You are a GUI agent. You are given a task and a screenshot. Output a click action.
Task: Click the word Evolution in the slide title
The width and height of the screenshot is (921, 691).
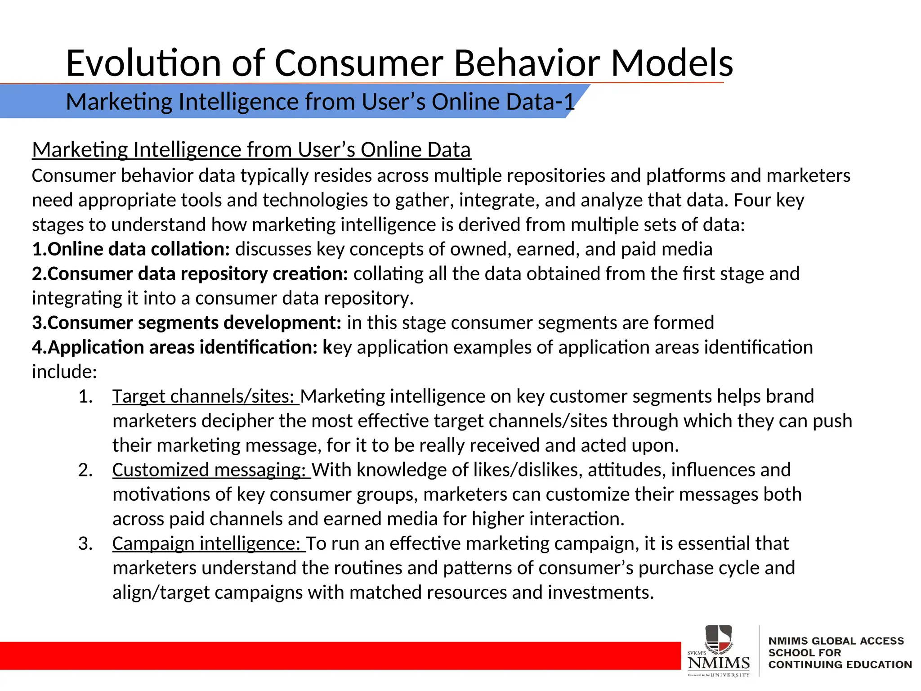tap(143, 63)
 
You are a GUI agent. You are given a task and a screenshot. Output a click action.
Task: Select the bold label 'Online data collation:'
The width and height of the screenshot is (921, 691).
tap(131, 249)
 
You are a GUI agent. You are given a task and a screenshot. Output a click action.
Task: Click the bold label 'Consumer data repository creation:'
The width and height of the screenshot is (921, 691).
tap(190, 274)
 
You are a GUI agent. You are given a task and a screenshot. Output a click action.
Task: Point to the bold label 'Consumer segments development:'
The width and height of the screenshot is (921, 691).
tap(187, 323)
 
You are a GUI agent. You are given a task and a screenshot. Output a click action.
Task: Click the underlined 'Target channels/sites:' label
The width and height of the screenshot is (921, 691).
tap(205, 396)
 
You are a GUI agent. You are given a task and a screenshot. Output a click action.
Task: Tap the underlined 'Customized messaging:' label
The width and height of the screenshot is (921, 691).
tap(211, 470)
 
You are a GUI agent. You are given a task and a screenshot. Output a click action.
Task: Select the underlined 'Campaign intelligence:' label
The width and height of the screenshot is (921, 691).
tap(208, 543)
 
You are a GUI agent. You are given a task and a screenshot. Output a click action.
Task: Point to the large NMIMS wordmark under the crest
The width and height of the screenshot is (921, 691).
tap(719, 663)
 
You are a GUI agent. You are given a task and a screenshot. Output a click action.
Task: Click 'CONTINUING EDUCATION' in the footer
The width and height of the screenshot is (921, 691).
tap(840, 664)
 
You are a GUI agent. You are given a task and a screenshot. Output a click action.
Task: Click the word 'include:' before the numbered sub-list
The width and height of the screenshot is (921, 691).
tap(64, 372)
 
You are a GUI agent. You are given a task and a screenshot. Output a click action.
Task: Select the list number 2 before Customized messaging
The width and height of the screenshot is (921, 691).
tap(85, 470)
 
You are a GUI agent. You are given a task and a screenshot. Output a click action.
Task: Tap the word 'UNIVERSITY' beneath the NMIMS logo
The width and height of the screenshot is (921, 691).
tap(730, 675)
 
